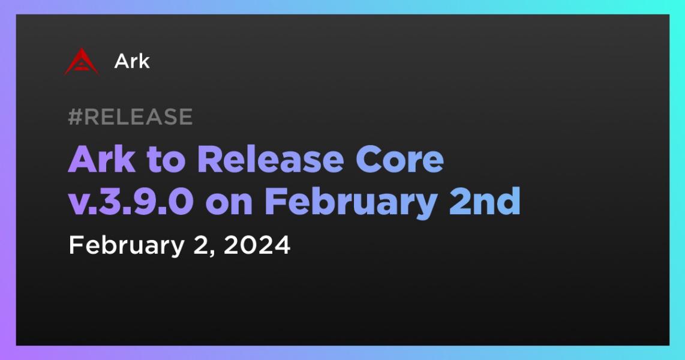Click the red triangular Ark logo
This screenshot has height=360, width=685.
(81, 61)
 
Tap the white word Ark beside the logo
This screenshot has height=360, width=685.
(132, 61)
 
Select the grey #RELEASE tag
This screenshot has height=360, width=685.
(130, 116)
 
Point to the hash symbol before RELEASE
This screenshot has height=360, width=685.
(75, 116)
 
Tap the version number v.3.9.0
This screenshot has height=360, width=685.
(131, 202)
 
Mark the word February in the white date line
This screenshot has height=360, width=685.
(127, 245)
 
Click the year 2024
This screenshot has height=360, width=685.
(257, 245)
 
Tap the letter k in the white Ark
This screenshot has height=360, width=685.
(144, 61)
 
